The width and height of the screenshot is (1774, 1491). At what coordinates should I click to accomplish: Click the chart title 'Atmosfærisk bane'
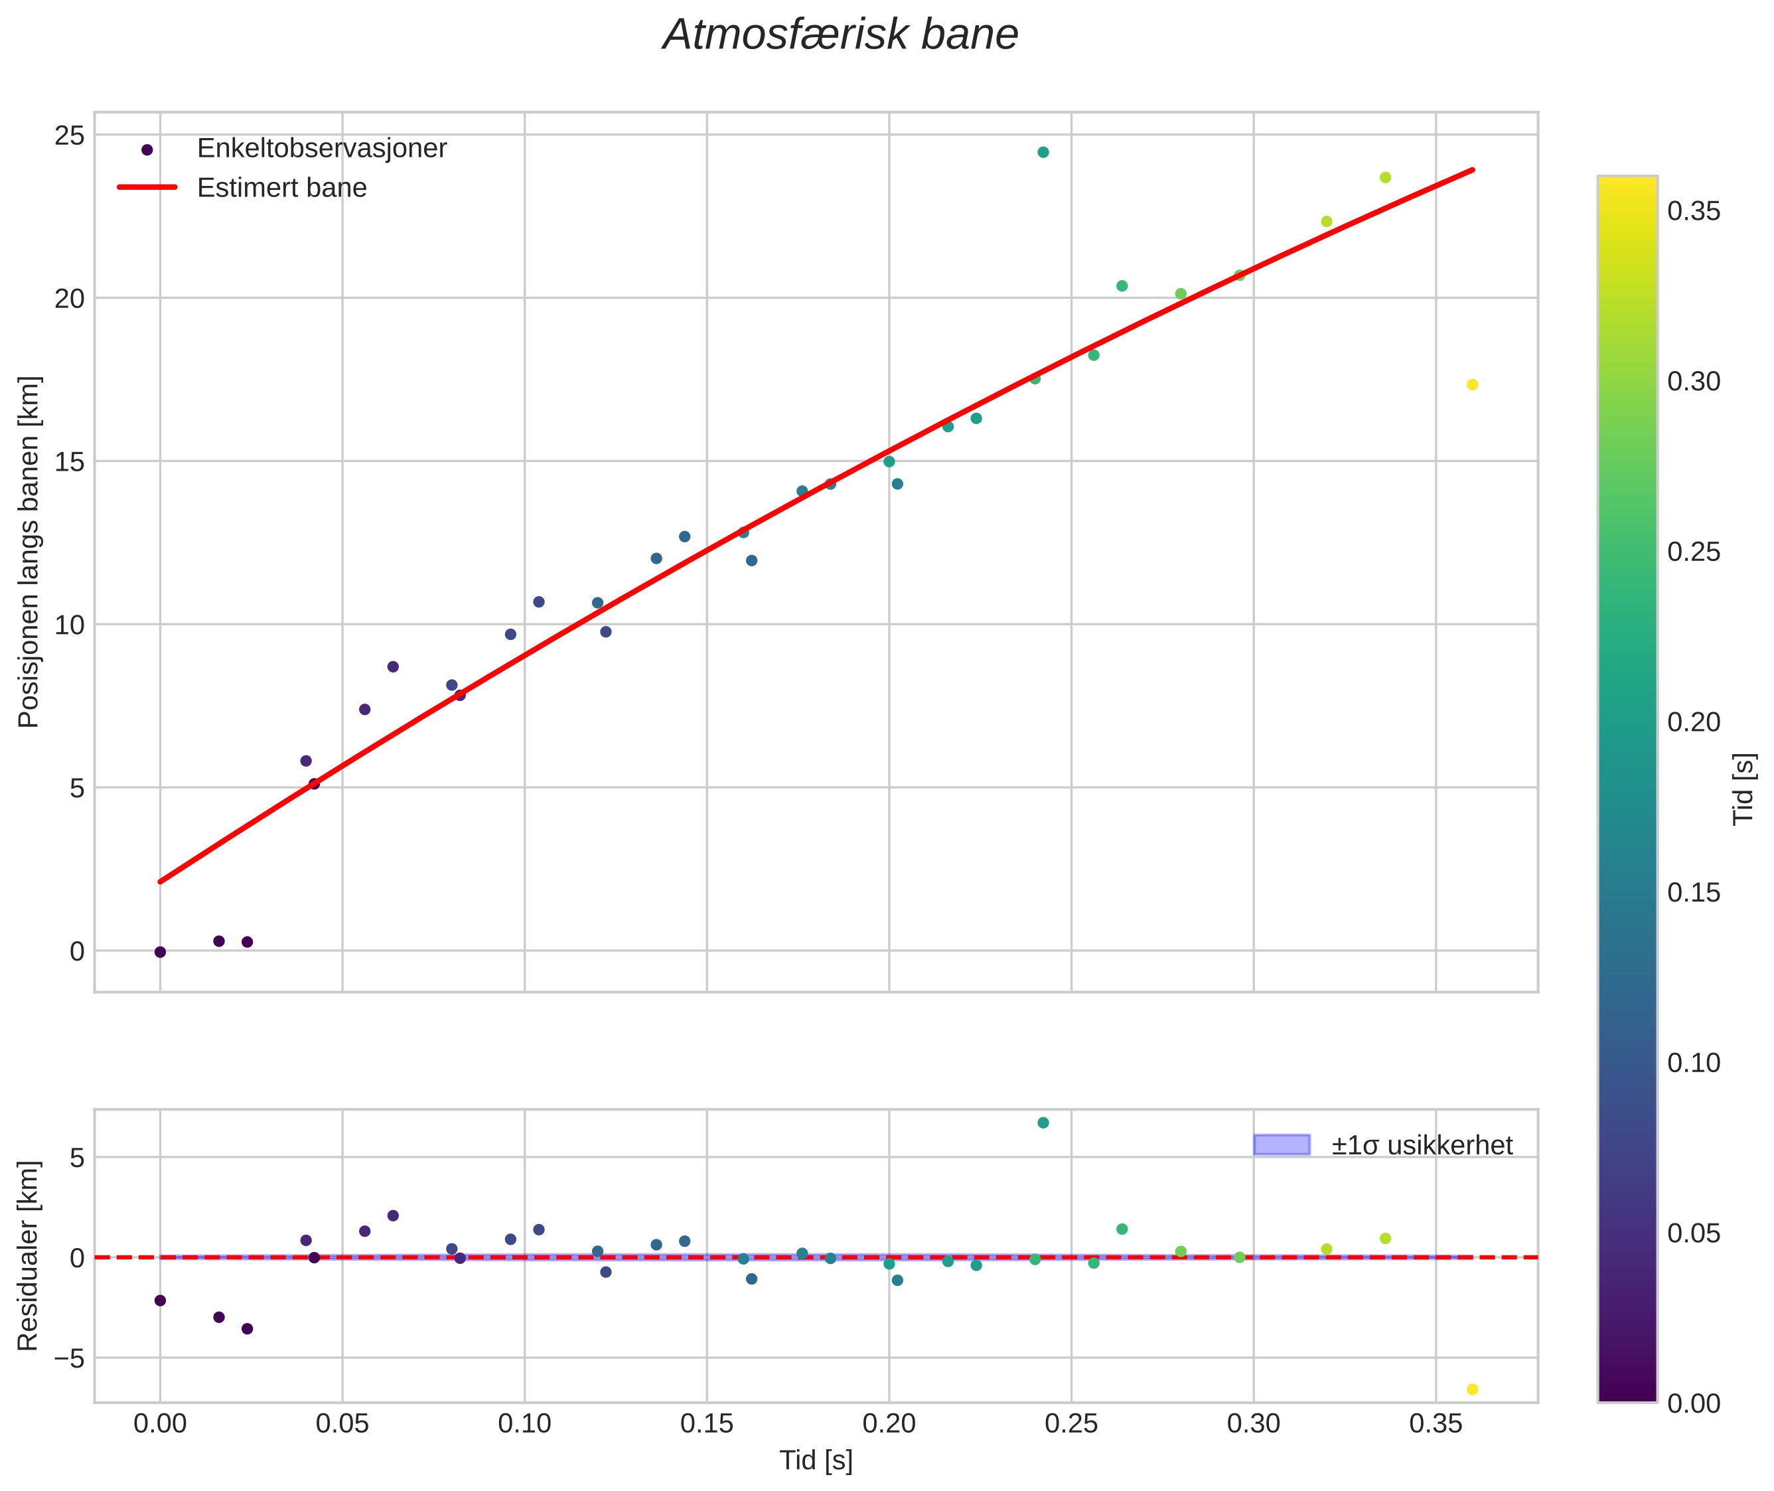(840, 35)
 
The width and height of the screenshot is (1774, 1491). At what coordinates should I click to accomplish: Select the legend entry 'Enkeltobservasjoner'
(321, 149)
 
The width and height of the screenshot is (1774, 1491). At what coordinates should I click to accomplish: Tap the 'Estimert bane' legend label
(281, 188)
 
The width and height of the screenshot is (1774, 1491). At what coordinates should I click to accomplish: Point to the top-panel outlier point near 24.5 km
(1043, 152)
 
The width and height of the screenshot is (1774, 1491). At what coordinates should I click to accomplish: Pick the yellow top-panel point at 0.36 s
(1472, 384)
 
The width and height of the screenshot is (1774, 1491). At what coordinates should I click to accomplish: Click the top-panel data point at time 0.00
(160, 952)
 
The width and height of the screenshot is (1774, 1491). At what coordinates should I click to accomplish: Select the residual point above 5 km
(1043, 1123)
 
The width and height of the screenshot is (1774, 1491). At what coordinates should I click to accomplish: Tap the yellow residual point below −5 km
(1472, 1389)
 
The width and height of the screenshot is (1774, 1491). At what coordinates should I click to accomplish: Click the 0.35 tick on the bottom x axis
(1435, 1424)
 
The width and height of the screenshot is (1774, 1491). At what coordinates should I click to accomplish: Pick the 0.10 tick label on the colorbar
(1693, 1062)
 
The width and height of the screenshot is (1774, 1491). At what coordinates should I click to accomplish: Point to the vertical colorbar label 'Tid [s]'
(1743, 789)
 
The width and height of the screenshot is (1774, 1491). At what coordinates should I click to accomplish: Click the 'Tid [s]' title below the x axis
(816, 1460)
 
